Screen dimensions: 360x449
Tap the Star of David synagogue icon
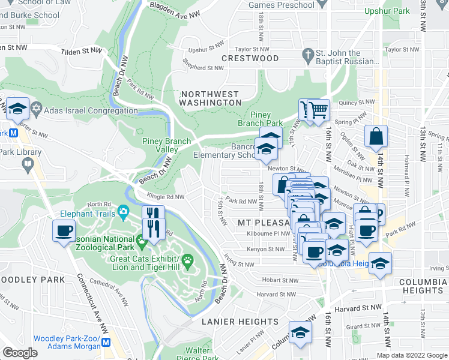tap(36, 110)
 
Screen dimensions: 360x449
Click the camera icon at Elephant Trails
tap(124, 212)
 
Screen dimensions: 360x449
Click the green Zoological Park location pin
tap(142, 242)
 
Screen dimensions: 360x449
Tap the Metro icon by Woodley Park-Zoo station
tap(107, 341)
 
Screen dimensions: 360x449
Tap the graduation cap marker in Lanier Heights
tap(300, 332)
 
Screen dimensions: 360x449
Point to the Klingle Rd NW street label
tap(163, 196)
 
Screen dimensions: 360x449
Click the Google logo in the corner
tap(20, 353)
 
